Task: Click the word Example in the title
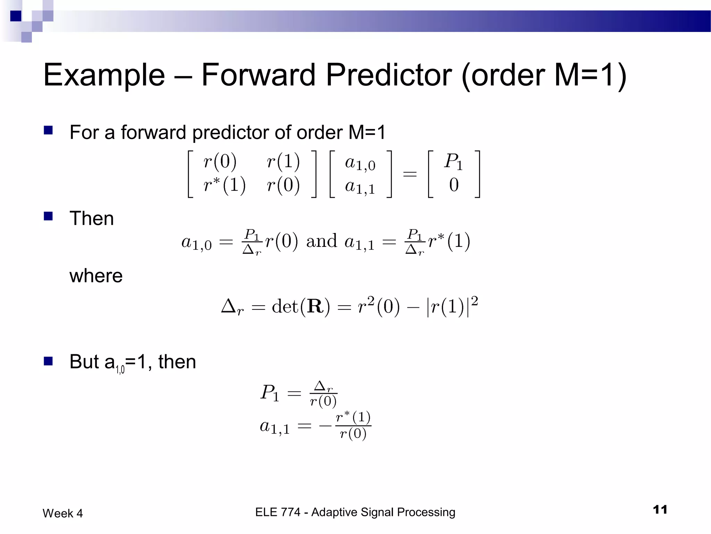(104, 75)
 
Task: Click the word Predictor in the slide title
(389, 75)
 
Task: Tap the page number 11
(660, 510)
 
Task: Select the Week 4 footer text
(63, 513)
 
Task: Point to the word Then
(92, 219)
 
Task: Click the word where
(96, 276)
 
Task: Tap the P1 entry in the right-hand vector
(453, 162)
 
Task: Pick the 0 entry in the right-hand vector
(454, 185)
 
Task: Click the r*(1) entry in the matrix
(224, 185)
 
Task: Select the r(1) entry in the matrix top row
(283, 162)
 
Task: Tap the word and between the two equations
(321, 241)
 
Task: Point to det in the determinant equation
(285, 307)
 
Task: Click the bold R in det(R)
(315, 307)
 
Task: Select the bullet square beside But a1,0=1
(48, 361)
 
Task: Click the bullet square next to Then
(48, 216)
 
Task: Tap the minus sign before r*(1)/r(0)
(326, 426)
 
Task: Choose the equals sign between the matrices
(410, 173)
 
